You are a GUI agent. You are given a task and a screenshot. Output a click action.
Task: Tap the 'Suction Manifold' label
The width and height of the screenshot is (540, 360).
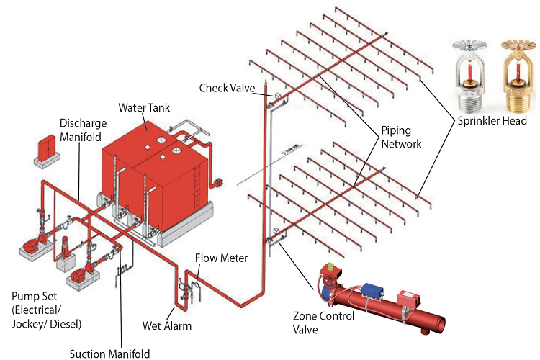point(109,354)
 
